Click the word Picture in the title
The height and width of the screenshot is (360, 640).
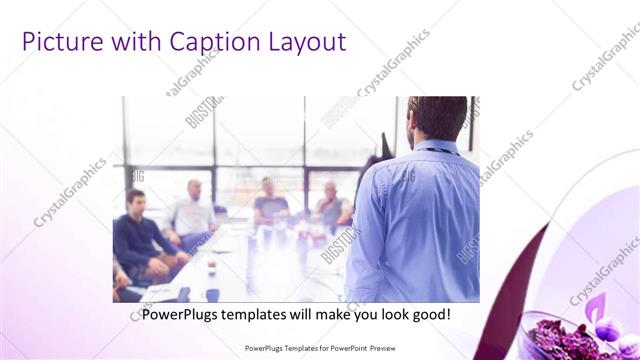pos(59,42)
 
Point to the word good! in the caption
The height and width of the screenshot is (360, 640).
pos(429,314)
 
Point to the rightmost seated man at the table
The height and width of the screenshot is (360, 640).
pos(331,207)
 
